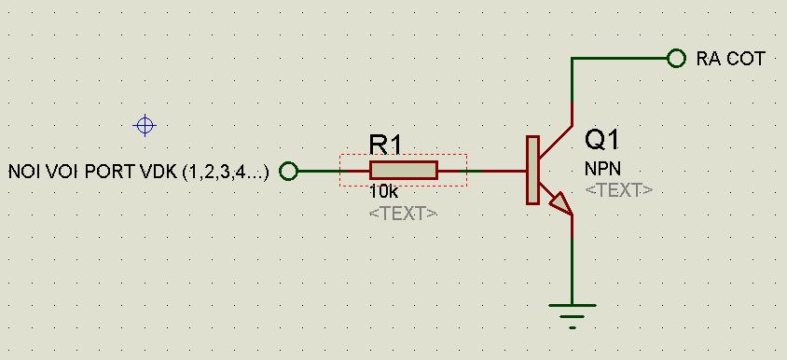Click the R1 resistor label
point(385,145)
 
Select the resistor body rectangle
point(404,171)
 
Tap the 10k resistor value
point(384,191)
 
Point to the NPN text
point(599,169)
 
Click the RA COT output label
point(730,59)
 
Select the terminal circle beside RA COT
point(676,58)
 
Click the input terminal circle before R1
point(289,172)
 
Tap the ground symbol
point(573,316)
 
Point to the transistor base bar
point(532,171)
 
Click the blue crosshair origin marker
point(145,125)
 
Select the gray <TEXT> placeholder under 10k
point(403,214)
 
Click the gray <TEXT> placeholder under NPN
point(619,190)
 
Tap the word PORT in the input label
point(110,173)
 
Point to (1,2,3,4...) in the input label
point(226,173)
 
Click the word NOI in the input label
point(24,173)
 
